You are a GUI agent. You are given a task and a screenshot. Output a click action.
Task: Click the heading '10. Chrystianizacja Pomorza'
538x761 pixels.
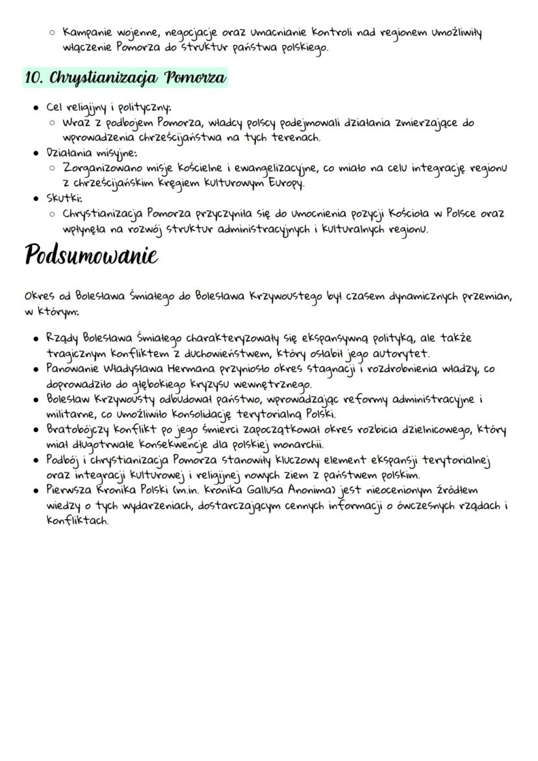pyautogui.click(x=125, y=78)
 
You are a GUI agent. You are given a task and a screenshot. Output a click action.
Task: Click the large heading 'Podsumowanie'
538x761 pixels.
pyautogui.click(x=91, y=255)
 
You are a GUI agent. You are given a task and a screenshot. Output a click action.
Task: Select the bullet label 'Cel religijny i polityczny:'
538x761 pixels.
pyautogui.click(x=109, y=108)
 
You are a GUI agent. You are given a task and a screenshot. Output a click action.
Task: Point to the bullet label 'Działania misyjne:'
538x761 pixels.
pyautogui.click(x=91, y=154)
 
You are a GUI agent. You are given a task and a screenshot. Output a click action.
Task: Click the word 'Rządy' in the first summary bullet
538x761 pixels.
pyautogui.click(x=62, y=338)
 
